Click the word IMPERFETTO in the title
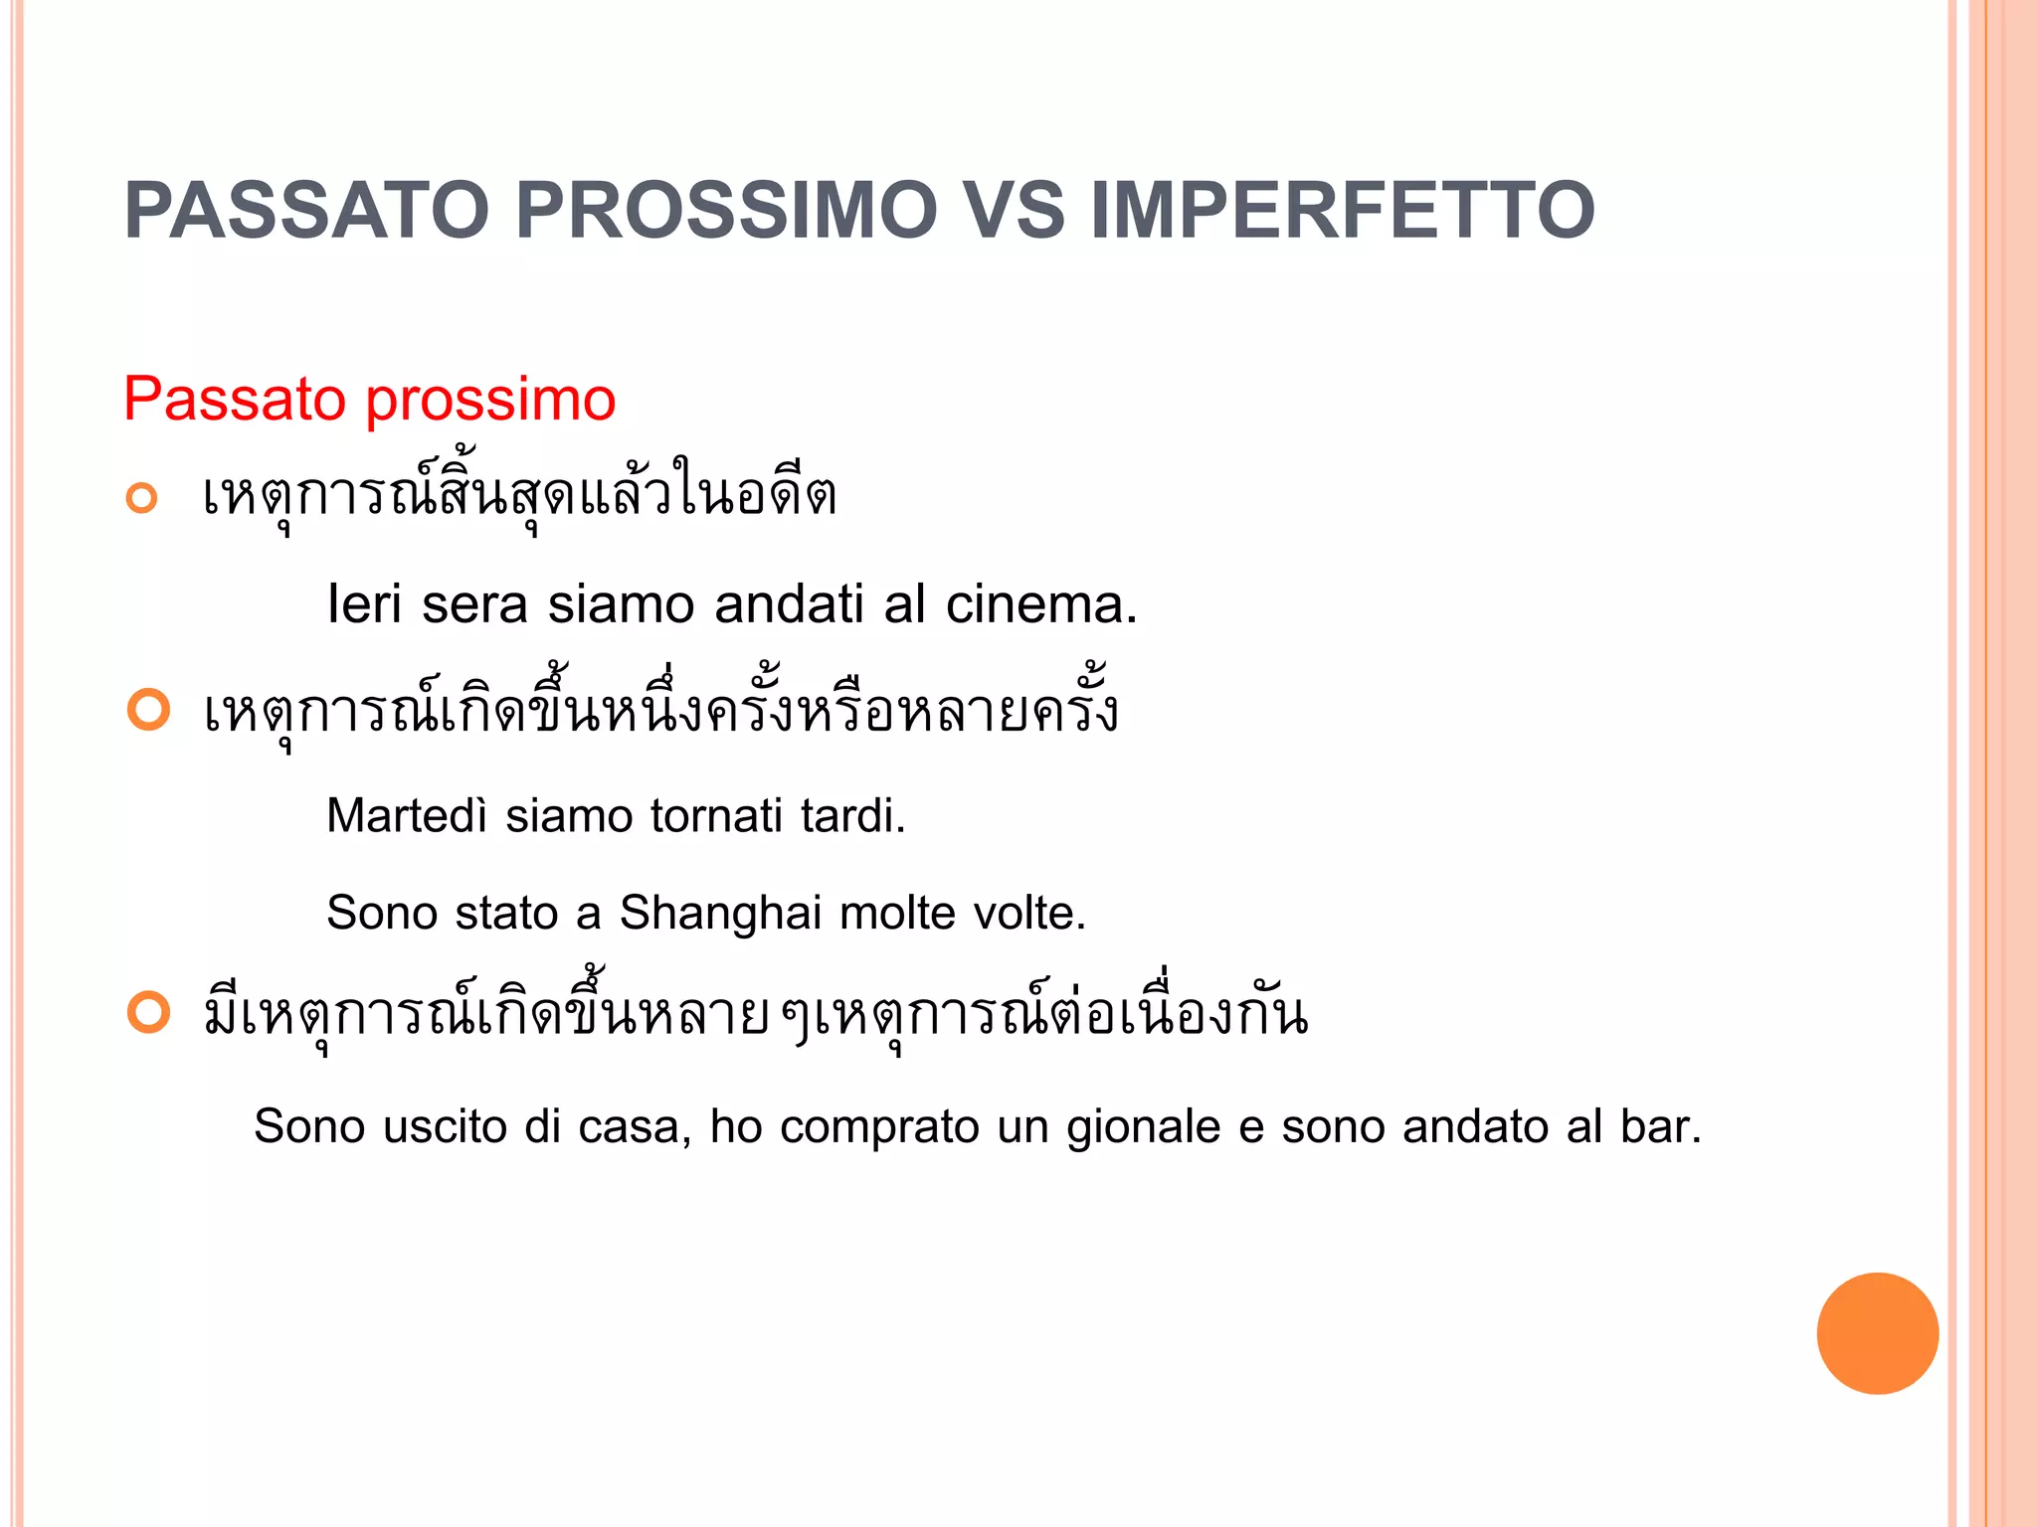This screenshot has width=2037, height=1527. coord(1343,211)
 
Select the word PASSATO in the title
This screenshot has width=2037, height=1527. coord(306,211)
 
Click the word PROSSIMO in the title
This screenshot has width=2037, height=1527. coord(726,211)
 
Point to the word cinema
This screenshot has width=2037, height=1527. coord(1040,604)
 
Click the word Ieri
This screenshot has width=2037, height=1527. coord(364,604)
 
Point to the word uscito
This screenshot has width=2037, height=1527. coord(445,1127)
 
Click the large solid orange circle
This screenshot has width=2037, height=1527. coord(1877,1333)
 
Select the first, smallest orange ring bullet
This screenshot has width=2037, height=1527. coord(142,498)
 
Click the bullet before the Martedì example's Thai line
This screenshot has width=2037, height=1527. coord(149,710)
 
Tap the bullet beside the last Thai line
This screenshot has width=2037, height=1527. coord(149,1013)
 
